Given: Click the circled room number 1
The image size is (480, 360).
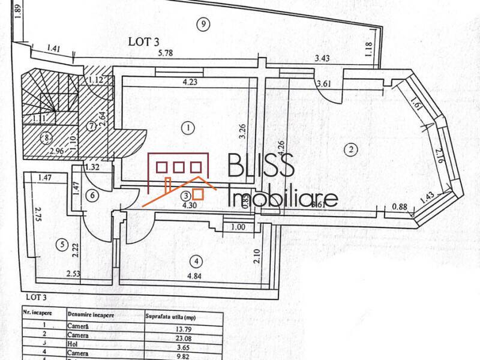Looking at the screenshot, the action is tap(188, 127).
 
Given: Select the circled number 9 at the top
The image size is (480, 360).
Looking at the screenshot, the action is tap(204, 24).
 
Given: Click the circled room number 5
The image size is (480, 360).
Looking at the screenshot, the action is tap(60, 244).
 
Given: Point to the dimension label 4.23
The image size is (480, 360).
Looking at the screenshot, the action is tap(190, 82).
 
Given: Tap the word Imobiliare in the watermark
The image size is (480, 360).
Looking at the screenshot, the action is tap(284, 197).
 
